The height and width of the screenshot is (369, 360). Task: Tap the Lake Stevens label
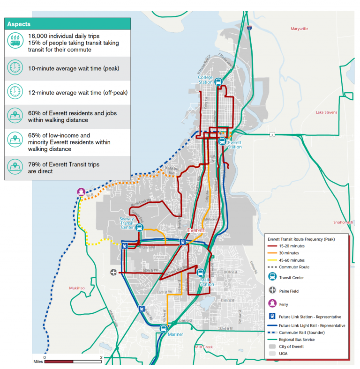(326, 112)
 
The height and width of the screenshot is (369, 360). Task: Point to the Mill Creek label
(204, 347)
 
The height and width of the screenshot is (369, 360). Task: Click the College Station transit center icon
(218, 82)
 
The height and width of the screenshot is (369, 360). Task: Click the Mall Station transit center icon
(201, 273)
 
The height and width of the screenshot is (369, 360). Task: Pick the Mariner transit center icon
(163, 328)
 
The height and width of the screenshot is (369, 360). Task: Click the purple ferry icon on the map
(81, 192)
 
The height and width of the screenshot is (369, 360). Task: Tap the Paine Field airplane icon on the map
(114, 272)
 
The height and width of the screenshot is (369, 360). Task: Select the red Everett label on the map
(196, 230)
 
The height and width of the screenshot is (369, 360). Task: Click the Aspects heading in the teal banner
(19, 24)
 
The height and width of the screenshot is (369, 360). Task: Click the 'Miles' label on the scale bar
(38, 362)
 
